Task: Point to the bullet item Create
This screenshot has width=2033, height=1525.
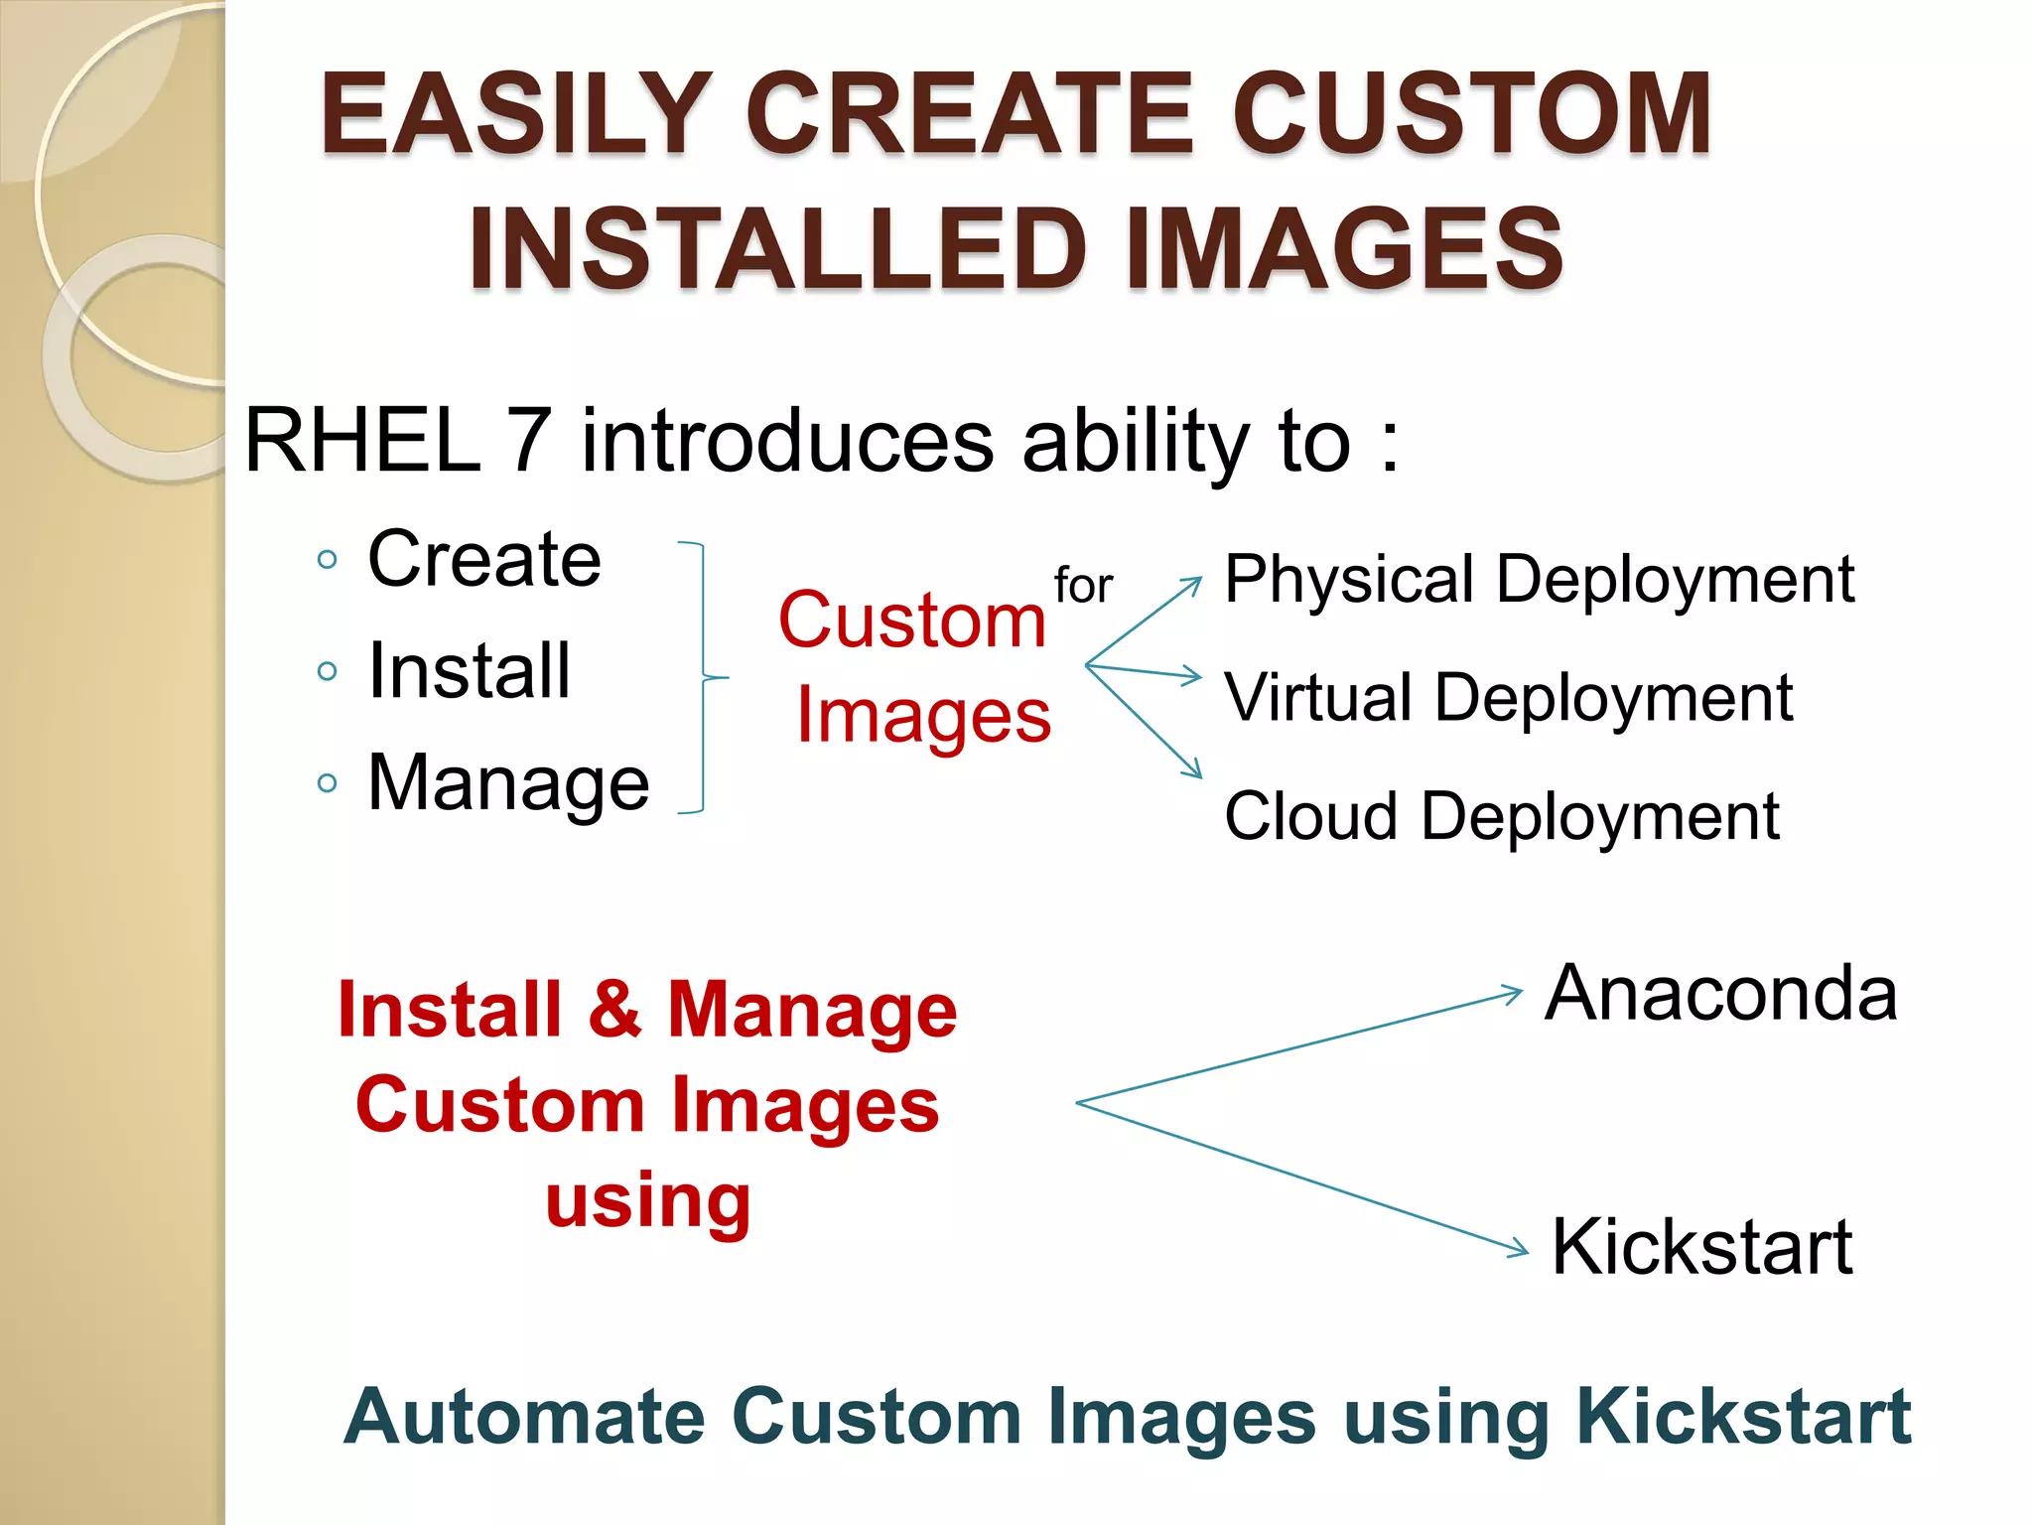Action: coord(484,559)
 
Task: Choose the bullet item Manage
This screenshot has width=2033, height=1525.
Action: coord(508,783)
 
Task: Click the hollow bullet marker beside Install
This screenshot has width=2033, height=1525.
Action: coord(327,672)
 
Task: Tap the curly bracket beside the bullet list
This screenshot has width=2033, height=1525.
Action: coord(706,677)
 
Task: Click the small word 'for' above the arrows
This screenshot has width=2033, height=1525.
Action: coord(1083,585)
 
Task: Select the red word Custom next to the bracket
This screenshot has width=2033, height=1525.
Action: coord(911,621)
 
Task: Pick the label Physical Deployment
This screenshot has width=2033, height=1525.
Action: coord(1539,579)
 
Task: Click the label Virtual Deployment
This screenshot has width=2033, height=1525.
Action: coord(1508,697)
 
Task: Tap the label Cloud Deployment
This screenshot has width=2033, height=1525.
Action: coord(1501,816)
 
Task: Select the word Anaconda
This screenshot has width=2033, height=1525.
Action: coord(1721,993)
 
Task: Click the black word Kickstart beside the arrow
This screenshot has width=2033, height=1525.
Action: coord(1701,1247)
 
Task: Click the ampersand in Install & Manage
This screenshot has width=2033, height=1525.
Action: coord(614,1010)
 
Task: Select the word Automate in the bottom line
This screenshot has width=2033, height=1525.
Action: coord(524,1417)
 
